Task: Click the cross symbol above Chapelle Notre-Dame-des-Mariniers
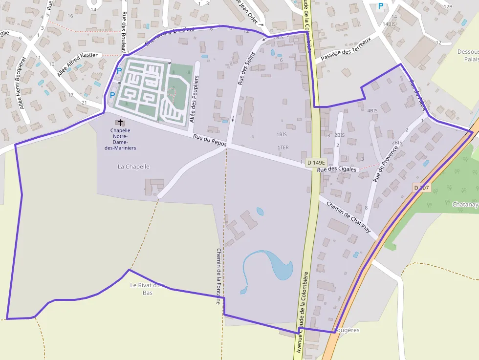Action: pyautogui.click(x=120, y=122)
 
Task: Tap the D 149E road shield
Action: pyautogui.click(x=316, y=162)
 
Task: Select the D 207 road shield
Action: pyautogui.click(x=421, y=188)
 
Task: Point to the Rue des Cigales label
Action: pyautogui.click(x=337, y=169)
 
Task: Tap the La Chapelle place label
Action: pyautogui.click(x=133, y=167)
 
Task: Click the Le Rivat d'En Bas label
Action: pyautogui.click(x=148, y=289)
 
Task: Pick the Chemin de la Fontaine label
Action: pyautogui.click(x=218, y=276)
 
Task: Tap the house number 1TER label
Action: pyautogui.click(x=283, y=148)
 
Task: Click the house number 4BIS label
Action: pyautogui.click(x=372, y=111)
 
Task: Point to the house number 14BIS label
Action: pyautogui.click(x=390, y=24)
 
